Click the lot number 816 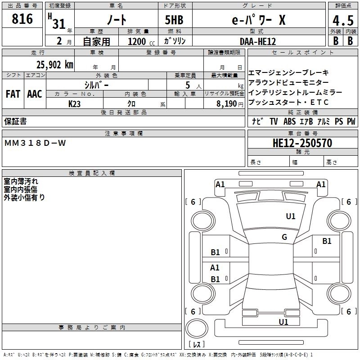click(22, 19)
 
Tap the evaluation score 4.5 click(342, 21)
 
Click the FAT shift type click(13, 94)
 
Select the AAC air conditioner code click(34, 94)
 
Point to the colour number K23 click(75, 103)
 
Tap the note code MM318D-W click(35, 143)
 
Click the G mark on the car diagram click(284, 237)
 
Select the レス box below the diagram click(196, 344)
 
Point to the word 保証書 click(16, 121)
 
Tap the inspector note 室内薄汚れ click(21, 181)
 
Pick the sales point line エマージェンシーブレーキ click(288, 72)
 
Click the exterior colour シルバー click(96, 85)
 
